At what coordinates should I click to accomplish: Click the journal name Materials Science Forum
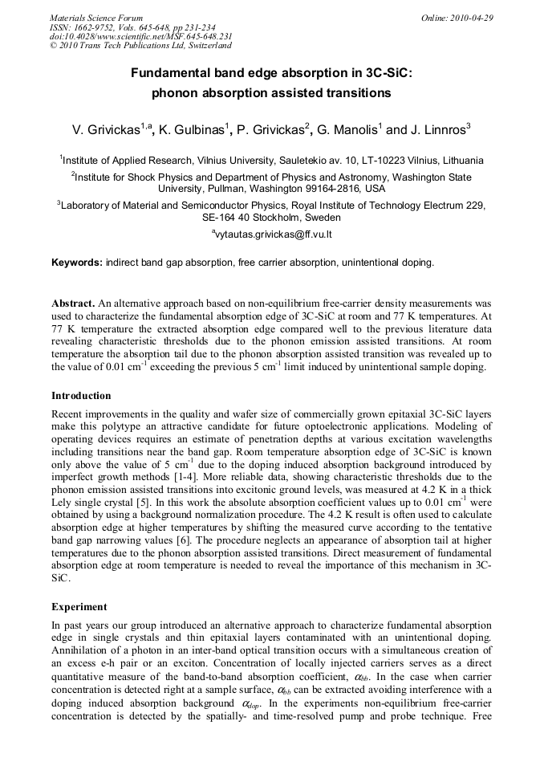[96, 18]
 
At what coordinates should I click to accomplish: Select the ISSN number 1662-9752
[95, 27]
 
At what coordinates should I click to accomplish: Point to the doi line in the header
[141, 37]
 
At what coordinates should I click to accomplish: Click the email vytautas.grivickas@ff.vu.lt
[274, 234]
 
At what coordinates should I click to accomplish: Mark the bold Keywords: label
[77, 263]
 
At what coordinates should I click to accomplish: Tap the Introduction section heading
[81, 396]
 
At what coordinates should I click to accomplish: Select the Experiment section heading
[79, 607]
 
